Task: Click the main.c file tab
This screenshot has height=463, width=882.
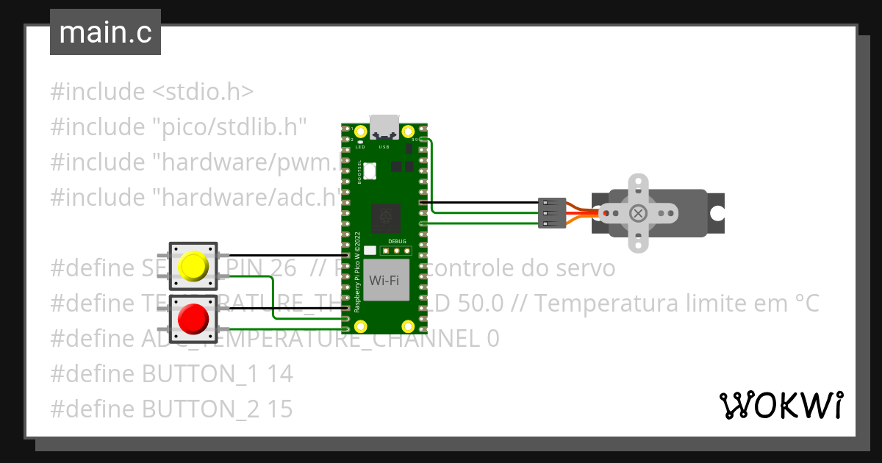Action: pyautogui.click(x=105, y=33)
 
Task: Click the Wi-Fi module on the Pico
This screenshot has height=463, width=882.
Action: pyautogui.click(x=384, y=280)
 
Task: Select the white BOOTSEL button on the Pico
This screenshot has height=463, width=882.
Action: pyautogui.click(x=370, y=171)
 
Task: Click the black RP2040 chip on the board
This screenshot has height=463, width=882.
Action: pyautogui.click(x=384, y=217)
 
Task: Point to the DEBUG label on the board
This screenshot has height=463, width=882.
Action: pyautogui.click(x=397, y=241)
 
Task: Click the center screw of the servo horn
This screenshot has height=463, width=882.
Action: pyautogui.click(x=639, y=213)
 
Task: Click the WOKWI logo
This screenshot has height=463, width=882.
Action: pyautogui.click(x=781, y=405)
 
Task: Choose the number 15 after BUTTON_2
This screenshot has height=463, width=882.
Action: pyautogui.click(x=280, y=409)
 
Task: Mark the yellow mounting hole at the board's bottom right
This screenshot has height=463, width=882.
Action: pyautogui.click(x=406, y=326)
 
